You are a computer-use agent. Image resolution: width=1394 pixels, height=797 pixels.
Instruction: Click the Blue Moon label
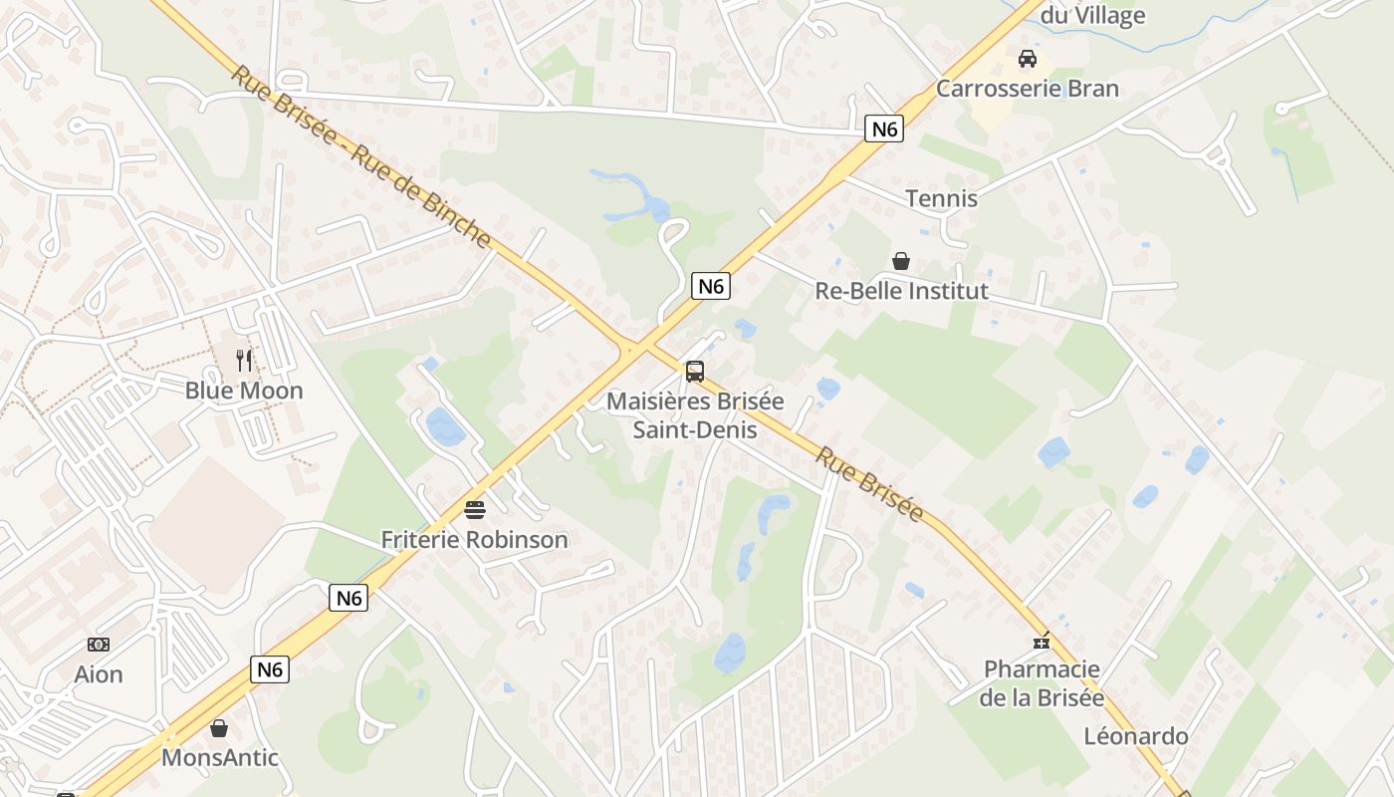click(x=244, y=391)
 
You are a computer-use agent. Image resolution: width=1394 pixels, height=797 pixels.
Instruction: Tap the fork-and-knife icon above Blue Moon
click(x=244, y=360)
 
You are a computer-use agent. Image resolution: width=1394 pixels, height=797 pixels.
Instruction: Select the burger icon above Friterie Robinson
click(x=475, y=510)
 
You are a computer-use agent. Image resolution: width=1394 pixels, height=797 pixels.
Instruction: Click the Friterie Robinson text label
click(x=475, y=540)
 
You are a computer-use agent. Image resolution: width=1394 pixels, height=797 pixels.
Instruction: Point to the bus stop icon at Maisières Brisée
click(x=695, y=372)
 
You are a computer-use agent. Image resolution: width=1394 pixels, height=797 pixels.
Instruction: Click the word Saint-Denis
click(x=695, y=430)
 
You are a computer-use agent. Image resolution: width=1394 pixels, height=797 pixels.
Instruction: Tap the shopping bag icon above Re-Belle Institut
click(x=901, y=261)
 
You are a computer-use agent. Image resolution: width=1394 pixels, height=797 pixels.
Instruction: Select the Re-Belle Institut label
click(x=901, y=291)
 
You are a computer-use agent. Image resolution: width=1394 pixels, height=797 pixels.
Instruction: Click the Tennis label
click(x=941, y=198)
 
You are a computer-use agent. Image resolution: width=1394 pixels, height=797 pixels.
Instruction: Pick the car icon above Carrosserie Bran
click(x=1027, y=59)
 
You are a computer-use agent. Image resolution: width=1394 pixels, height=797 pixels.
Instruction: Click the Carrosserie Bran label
click(x=1027, y=89)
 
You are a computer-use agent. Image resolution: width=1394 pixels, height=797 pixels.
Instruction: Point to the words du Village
click(x=1092, y=15)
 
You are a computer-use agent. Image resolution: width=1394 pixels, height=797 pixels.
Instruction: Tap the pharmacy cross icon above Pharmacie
click(x=1042, y=642)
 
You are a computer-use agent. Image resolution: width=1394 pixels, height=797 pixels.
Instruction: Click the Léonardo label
click(x=1136, y=736)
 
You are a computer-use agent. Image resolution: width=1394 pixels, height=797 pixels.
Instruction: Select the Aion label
click(x=99, y=674)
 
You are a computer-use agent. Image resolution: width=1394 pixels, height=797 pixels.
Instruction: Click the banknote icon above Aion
click(x=99, y=645)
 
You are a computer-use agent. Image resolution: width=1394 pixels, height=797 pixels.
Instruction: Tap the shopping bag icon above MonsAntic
click(x=219, y=728)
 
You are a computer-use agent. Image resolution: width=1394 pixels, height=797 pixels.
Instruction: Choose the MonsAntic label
click(x=219, y=757)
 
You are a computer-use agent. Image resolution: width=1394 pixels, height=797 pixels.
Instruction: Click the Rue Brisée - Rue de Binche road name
click(x=361, y=157)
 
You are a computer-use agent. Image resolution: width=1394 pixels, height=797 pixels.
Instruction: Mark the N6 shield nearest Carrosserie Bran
click(x=883, y=128)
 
